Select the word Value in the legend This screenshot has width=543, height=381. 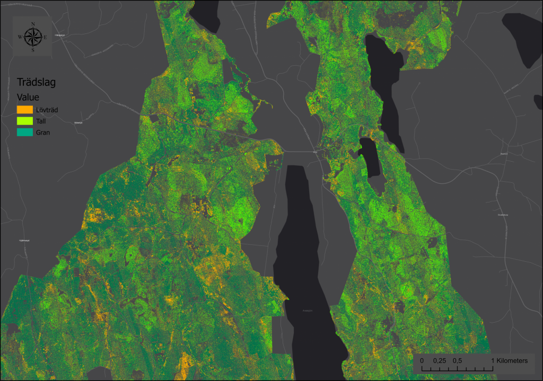pos(28,97)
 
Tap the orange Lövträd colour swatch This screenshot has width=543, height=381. pos(25,110)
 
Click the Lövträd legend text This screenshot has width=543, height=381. pos(47,110)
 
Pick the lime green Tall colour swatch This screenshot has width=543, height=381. pos(25,121)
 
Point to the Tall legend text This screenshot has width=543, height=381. pos(41,121)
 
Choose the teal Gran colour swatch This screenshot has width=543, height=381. pos(25,132)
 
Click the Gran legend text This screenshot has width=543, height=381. pos(43,132)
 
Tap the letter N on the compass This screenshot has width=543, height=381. pos(33,24)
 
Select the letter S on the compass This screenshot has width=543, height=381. pos(33,50)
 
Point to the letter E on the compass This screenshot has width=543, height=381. pos(46,37)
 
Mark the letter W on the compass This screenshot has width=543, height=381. pos(20,37)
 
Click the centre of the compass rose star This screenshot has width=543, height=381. pos(33,37)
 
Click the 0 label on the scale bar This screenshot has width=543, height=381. pos(422,361)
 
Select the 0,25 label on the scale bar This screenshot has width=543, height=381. pos(440,361)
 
